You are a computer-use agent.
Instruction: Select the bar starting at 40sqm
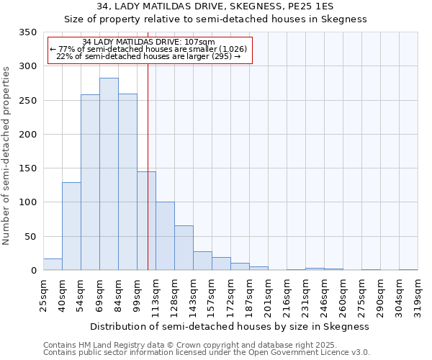click(x=71, y=226)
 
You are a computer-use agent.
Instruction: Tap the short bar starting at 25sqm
click(x=53, y=264)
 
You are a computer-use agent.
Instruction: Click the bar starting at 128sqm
click(x=184, y=248)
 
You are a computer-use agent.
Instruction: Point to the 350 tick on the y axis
click(x=28, y=32)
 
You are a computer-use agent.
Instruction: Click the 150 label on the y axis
click(x=28, y=168)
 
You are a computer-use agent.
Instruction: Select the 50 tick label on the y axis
click(x=31, y=237)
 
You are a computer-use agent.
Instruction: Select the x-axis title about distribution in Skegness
click(x=230, y=326)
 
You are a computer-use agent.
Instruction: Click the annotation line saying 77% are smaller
click(x=149, y=49)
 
